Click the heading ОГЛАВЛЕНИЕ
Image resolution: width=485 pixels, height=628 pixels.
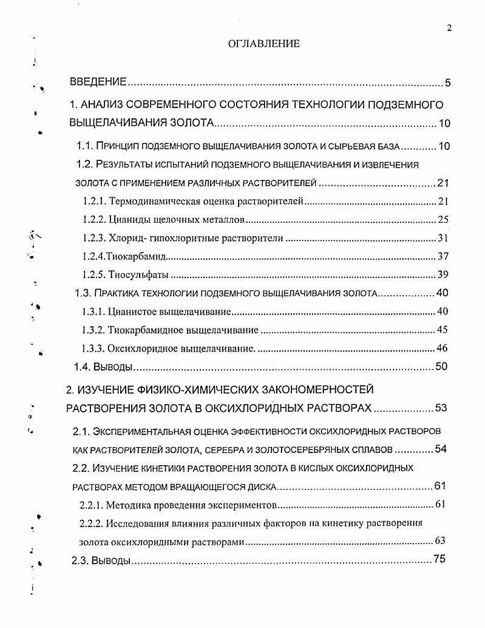(263, 44)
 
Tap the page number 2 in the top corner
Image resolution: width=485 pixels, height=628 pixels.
(449, 28)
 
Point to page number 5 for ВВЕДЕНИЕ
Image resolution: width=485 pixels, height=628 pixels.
(447, 83)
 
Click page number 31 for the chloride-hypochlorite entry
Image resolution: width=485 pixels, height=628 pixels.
(443, 237)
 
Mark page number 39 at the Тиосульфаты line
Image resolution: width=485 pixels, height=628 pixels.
(443, 275)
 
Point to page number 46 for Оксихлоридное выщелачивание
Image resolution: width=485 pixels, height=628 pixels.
(443, 349)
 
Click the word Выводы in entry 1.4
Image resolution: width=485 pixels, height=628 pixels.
(112, 367)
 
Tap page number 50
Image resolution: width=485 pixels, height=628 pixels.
(443, 367)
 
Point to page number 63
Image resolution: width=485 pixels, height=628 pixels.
(441, 541)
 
